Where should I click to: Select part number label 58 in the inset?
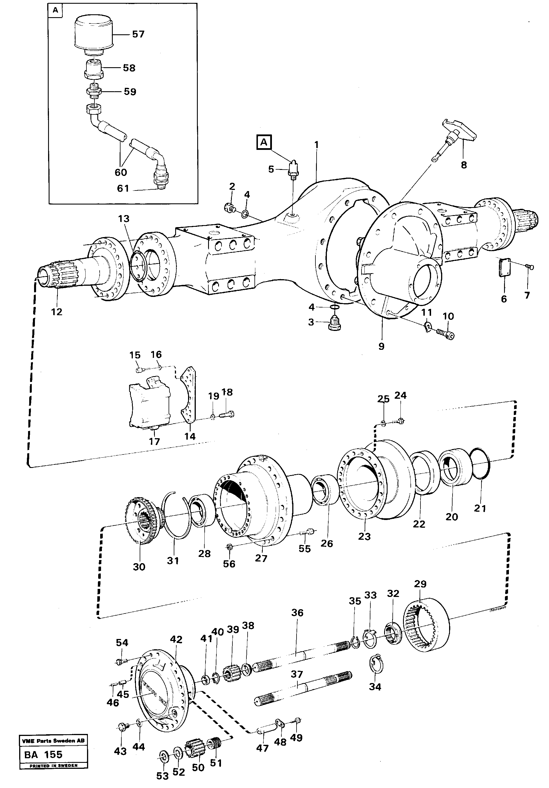click(x=129, y=68)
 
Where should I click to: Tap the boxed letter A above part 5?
click(x=264, y=142)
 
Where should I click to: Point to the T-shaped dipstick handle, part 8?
click(x=459, y=131)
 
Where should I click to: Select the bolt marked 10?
click(x=445, y=333)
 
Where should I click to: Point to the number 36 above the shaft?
click(x=297, y=613)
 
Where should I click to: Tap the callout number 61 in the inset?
click(x=123, y=188)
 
